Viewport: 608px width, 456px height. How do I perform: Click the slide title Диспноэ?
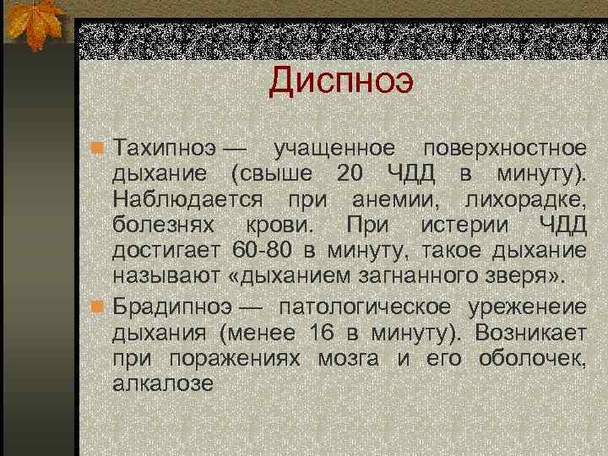click(341, 81)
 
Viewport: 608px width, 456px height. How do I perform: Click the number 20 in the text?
click(354, 175)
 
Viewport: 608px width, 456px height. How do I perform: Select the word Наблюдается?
click(181, 201)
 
